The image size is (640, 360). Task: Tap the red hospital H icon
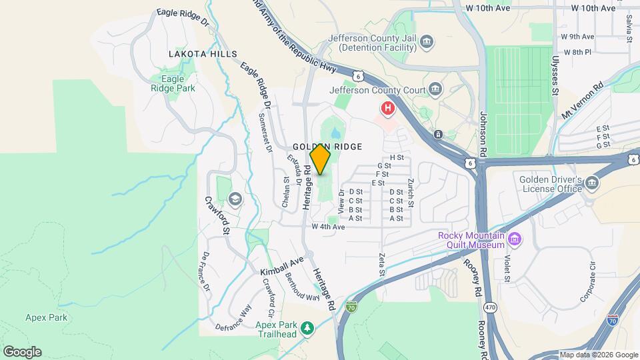[x=387, y=107]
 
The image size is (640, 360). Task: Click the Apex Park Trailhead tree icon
[x=307, y=328]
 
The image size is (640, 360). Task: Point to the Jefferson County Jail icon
[x=427, y=43]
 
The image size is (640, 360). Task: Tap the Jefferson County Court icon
[x=435, y=88]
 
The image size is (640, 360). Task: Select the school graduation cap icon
[x=235, y=198]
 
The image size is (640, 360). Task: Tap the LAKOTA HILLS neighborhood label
[x=203, y=53]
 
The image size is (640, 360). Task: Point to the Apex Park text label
[x=47, y=318]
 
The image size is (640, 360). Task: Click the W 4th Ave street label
[x=328, y=227]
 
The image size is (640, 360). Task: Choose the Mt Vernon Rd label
[x=583, y=99]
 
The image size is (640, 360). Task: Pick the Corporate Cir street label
[x=591, y=282]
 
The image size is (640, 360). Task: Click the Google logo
[x=22, y=351]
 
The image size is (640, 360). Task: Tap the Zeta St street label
[x=382, y=264]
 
